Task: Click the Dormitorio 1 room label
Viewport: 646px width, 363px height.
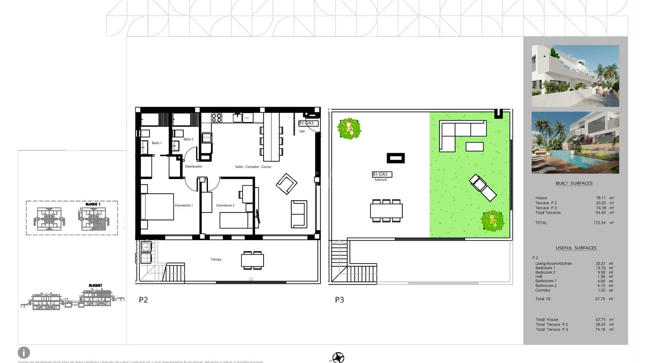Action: click(183, 205)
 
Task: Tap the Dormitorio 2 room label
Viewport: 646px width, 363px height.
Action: click(225, 205)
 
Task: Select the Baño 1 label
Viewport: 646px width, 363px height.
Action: click(156, 143)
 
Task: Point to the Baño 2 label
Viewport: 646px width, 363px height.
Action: click(188, 139)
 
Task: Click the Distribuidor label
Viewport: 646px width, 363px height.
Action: click(193, 166)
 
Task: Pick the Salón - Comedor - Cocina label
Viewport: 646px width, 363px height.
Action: click(253, 167)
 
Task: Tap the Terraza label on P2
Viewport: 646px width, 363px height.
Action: click(216, 259)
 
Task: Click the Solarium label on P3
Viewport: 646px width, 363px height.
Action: click(381, 180)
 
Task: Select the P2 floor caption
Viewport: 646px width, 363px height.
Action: click(143, 300)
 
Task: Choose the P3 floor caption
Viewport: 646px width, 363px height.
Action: click(339, 300)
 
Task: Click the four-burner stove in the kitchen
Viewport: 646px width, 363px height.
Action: click(216, 118)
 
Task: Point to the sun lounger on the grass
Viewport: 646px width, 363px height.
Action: click(483, 188)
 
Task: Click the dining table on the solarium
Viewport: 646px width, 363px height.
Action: click(386, 211)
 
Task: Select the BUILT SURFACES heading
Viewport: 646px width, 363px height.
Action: click(574, 183)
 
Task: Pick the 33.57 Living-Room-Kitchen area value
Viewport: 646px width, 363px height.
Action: click(600, 264)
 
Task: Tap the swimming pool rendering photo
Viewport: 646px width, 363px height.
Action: click(575, 143)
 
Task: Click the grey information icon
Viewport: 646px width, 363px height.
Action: click(24, 353)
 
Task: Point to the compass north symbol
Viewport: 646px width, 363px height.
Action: click(338, 357)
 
